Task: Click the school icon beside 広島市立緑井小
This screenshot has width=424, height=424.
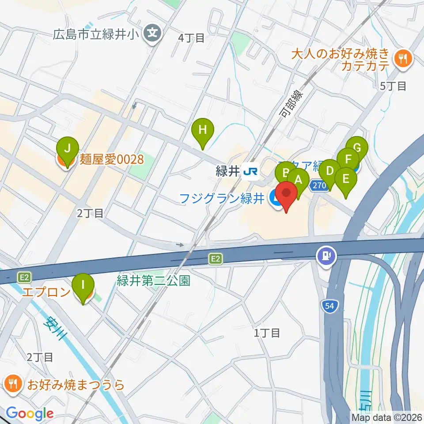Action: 153,33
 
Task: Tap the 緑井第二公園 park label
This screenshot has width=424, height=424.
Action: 153,280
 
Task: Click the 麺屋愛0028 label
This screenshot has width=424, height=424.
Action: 112,159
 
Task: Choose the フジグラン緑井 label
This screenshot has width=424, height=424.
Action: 222,198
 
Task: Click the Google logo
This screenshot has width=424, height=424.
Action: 30,413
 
